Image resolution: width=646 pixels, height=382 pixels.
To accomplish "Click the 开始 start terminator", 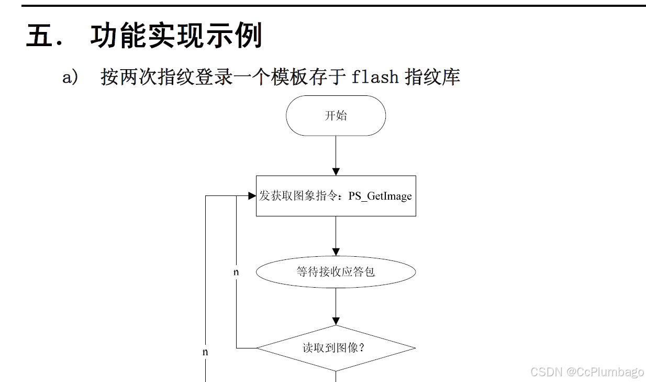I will [x=336, y=116].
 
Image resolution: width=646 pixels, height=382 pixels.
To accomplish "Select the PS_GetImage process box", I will [x=336, y=196].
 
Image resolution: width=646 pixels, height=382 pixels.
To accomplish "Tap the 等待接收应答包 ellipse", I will [x=336, y=272].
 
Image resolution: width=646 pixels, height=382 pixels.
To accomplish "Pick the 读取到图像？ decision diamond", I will [x=336, y=348].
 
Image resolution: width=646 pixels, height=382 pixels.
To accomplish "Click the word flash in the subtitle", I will [x=375, y=77].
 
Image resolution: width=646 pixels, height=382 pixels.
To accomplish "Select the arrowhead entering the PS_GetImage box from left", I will [x=252, y=196].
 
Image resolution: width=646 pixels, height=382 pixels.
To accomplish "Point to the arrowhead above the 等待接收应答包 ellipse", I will [x=336, y=252].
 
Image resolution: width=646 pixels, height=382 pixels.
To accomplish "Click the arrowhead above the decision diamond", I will [x=336, y=321].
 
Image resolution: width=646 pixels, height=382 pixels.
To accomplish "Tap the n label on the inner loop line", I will [x=236, y=272].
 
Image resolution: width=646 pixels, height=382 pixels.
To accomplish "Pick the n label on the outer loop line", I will [x=205, y=352].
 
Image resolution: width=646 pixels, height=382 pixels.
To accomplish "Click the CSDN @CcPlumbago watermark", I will [x=587, y=372].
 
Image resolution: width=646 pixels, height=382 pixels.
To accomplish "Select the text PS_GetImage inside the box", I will [x=380, y=197].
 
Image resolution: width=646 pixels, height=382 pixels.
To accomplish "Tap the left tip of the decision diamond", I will [x=257, y=348].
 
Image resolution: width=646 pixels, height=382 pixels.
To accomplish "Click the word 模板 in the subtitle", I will [x=285, y=77].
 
